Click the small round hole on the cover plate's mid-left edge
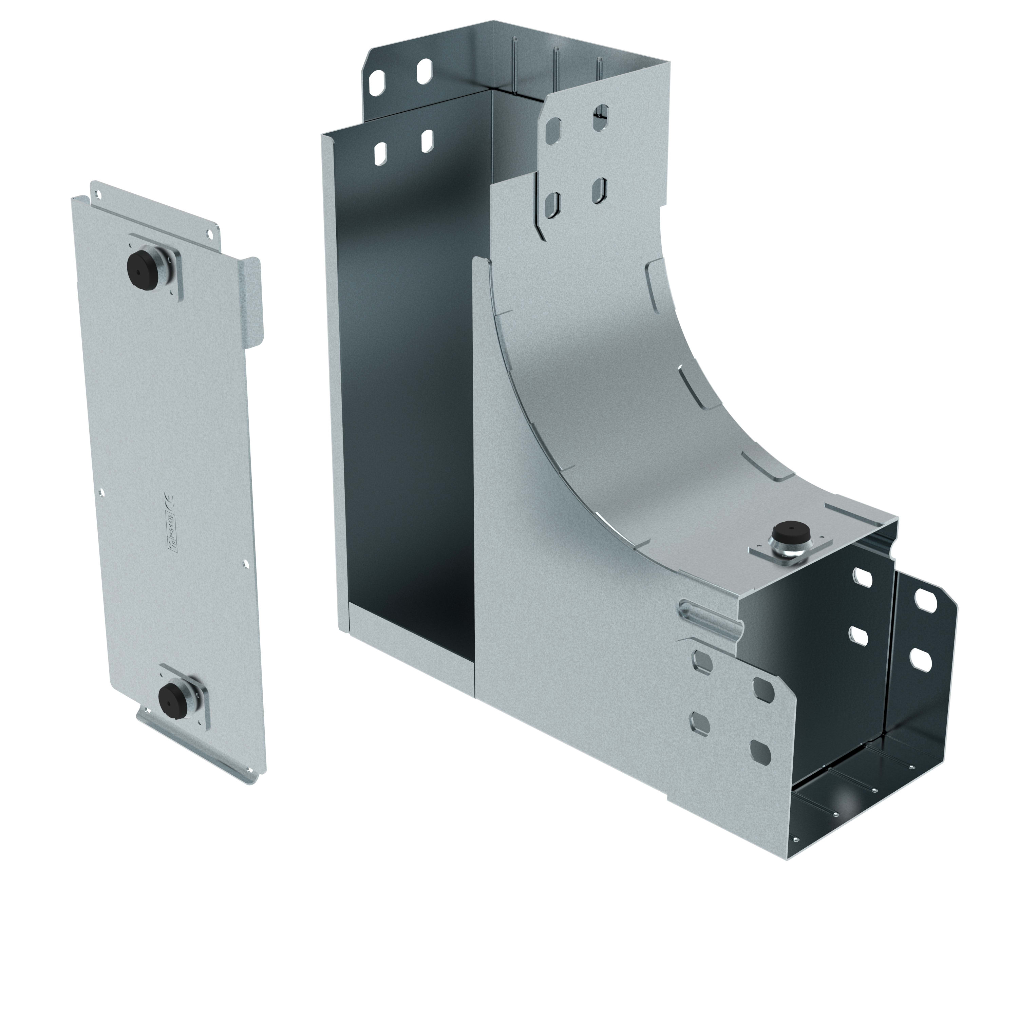point(102,493)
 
